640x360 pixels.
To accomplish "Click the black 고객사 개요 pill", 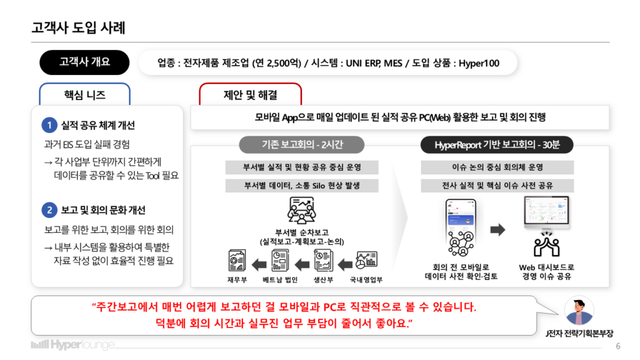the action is [84, 62].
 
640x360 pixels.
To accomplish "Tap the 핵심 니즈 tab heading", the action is [85, 95].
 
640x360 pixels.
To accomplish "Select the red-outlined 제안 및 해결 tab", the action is [250, 95].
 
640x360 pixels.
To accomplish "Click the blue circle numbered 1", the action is [49, 125].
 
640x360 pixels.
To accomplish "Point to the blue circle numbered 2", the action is [49, 210].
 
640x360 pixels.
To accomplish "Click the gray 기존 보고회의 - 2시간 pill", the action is [302, 144].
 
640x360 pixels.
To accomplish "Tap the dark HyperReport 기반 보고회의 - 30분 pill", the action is [497, 145].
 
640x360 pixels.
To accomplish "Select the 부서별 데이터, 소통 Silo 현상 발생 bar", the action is [302, 185].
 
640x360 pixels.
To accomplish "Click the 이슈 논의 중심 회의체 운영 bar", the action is [497, 167].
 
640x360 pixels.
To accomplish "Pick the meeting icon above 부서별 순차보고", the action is [302, 210].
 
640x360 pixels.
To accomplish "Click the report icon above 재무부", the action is [237, 261].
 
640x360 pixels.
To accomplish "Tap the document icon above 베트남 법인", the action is [280, 261].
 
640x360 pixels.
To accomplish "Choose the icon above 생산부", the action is [323, 261].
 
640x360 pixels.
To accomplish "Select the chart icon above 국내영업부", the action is [366, 260].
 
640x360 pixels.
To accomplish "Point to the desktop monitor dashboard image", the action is [546, 212].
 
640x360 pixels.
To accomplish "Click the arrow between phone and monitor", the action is [497, 229].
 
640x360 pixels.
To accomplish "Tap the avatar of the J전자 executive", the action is [579, 311].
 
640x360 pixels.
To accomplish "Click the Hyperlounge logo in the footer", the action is [73, 345].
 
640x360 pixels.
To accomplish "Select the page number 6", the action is [618, 346].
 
